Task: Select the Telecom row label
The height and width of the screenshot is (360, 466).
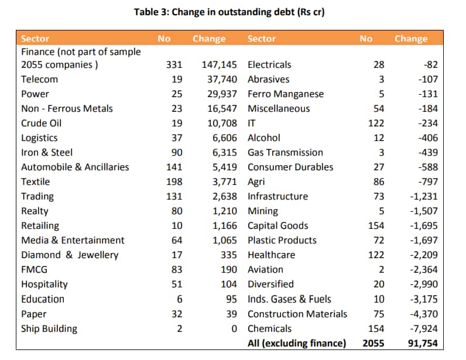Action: pos(40,80)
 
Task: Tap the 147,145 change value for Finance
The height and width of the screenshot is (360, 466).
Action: pos(220,65)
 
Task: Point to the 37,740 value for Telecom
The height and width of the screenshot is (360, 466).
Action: pos(222,80)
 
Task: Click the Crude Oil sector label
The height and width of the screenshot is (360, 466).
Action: pos(42,123)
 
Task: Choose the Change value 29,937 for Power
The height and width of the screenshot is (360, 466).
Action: pos(222,94)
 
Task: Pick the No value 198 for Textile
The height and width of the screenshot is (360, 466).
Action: pos(174,181)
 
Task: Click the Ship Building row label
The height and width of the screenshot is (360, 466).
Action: pos(49,329)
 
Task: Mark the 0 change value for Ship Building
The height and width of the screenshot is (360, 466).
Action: pos(234,329)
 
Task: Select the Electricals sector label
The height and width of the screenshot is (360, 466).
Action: pos(269,65)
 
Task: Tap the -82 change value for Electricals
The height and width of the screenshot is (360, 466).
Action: pos(431,65)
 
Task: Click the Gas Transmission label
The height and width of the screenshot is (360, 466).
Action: pos(285,153)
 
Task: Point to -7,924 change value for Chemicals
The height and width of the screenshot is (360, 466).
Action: pos(424,329)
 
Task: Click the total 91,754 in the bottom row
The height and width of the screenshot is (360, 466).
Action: pos(423,344)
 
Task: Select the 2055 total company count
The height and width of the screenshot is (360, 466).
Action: pos(374,344)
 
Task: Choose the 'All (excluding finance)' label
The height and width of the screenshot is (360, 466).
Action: pos(297,344)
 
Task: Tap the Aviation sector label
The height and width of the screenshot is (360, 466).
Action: pos(265,270)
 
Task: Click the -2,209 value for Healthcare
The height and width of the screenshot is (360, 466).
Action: pos(424,255)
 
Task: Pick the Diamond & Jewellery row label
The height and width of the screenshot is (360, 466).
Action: pos(70,255)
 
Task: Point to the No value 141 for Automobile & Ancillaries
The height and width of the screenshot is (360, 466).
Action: pos(174,167)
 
